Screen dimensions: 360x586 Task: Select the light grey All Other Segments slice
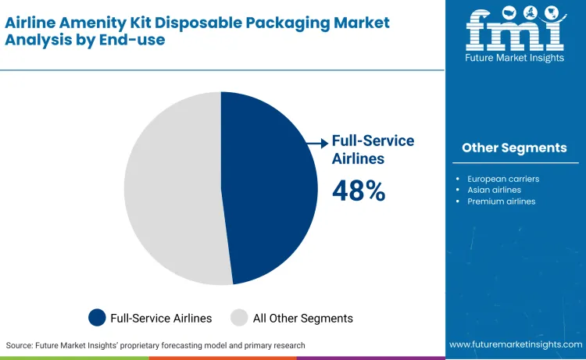pos(168,187)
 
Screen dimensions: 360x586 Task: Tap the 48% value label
pos(359,191)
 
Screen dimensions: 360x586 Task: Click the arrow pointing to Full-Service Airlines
pos(317,143)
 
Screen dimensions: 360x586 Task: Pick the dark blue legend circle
pos(97,318)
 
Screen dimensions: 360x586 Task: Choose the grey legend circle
pos(239,318)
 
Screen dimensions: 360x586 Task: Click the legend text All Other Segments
pos(302,318)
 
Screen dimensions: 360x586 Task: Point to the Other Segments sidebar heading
pos(514,148)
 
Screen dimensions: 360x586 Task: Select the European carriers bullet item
pos(503,179)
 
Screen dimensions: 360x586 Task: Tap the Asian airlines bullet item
pos(494,190)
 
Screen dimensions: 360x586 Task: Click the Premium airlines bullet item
pos(501,201)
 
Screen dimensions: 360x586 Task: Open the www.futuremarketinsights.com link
pos(516,344)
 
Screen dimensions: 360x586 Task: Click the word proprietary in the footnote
pos(180,344)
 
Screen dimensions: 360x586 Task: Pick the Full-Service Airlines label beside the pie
pos(373,149)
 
